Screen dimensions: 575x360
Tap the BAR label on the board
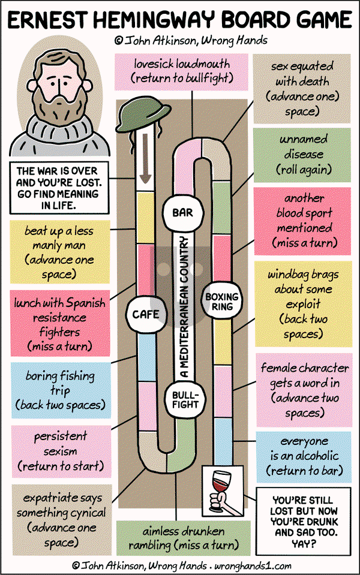click(182, 212)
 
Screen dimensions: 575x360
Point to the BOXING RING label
click(221, 302)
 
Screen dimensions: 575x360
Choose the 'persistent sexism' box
click(60, 450)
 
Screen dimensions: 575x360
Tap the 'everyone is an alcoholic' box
click(303, 456)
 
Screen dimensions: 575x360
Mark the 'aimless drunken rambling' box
click(183, 538)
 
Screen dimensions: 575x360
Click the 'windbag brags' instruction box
click(303, 305)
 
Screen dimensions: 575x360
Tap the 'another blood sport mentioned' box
click(303, 220)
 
